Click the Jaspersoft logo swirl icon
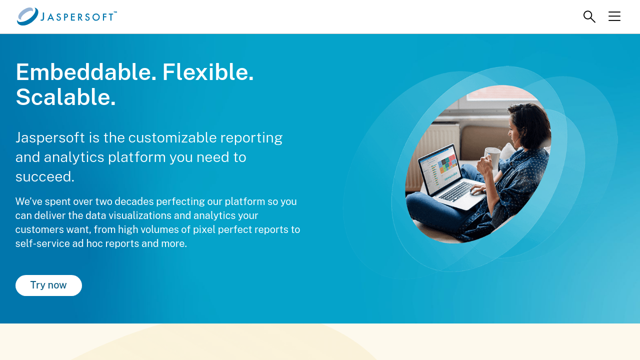pyautogui.click(x=27, y=16)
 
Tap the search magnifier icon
pyautogui.click(x=589, y=16)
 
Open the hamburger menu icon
pyautogui.click(x=614, y=16)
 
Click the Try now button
pyautogui.click(x=48, y=285)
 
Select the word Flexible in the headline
pyautogui.click(x=207, y=72)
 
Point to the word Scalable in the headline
pyautogui.click(x=65, y=97)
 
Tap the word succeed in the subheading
pyautogui.click(x=44, y=176)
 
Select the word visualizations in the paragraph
pyautogui.click(x=144, y=215)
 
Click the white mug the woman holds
pyautogui.click(x=492, y=157)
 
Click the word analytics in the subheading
pyautogui.click(x=74, y=157)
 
